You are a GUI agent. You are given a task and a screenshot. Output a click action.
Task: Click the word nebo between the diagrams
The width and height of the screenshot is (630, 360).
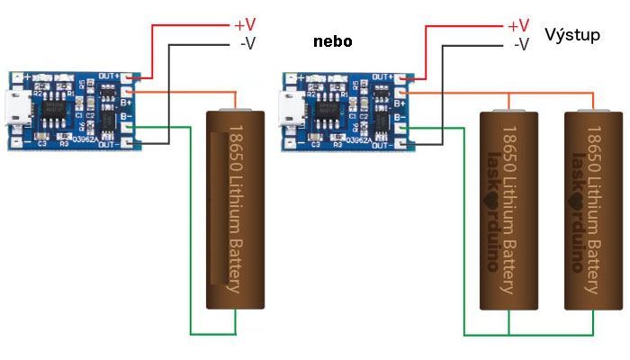(333, 42)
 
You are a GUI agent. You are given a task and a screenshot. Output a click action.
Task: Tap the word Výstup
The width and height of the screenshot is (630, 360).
(571, 35)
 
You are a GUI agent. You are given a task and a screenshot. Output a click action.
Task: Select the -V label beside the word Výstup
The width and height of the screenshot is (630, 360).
(520, 43)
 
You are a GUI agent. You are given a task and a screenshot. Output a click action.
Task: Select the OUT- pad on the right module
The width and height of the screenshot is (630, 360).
(408, 144)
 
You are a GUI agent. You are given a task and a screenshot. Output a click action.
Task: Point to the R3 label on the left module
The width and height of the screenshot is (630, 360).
(63, 143)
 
